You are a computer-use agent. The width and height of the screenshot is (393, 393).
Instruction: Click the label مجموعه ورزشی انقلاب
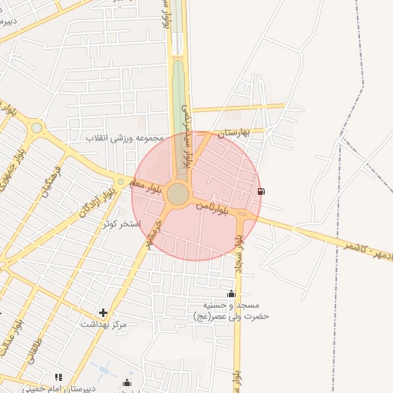click(x=126, y=138)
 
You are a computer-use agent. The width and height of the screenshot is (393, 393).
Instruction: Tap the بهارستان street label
click(x=234, y=133)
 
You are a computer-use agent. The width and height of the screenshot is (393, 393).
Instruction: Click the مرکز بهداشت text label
click(x=104, y=325)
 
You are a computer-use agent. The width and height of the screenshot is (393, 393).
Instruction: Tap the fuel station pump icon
click(x=261, y=190)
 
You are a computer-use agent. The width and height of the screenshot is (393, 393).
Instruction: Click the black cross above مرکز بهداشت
click(x=104, y=312)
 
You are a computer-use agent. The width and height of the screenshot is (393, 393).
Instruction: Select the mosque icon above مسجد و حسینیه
click(x=231, y=293)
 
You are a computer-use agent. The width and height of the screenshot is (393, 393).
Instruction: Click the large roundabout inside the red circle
click(x=178, y=194)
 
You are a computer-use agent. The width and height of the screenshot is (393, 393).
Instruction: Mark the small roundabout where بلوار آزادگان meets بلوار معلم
click(x=121, y=180)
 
